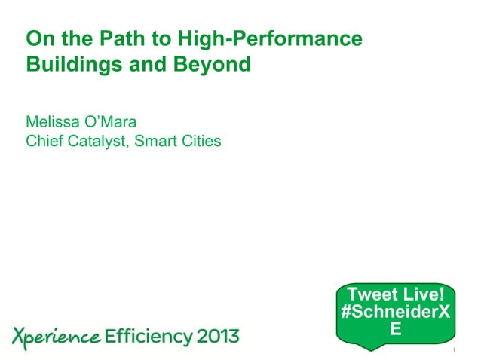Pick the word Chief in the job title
44,140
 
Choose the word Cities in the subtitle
201,140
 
